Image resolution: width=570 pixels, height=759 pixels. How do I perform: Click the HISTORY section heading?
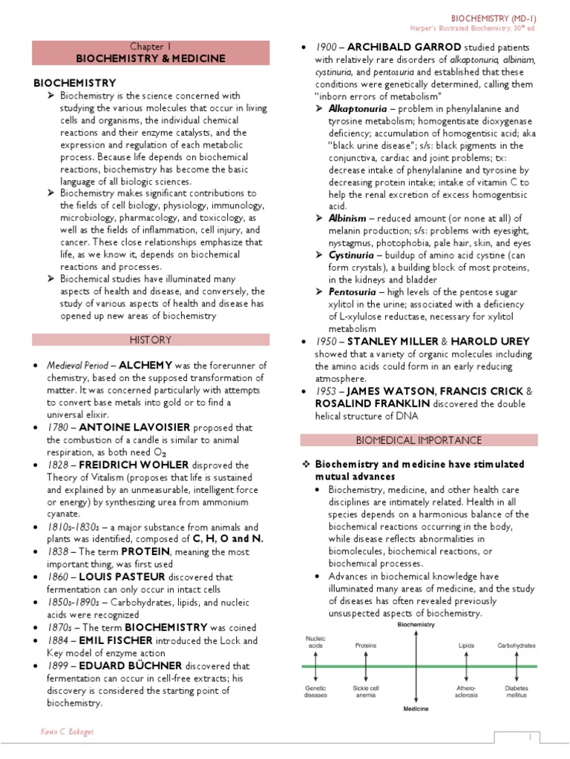point(151,340)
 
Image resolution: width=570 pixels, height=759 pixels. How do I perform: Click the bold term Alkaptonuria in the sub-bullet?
point(354,109)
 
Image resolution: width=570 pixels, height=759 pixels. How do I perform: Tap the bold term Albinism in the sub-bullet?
point(347,218)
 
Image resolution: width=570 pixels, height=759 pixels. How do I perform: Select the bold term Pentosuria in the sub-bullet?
point(353,292)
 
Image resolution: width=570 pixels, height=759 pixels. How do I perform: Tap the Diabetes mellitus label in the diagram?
point(517,691)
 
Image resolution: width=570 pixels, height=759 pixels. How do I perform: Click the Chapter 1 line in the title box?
point(151,46)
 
